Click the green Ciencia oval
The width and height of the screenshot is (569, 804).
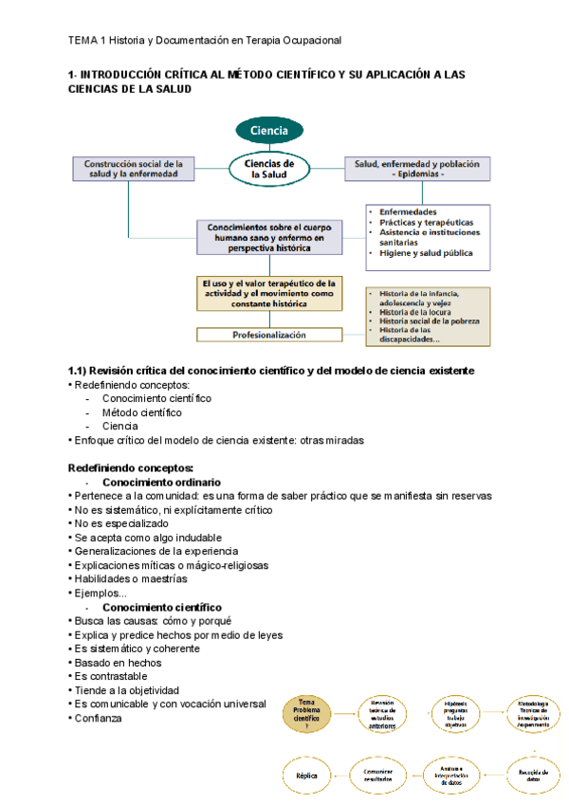269,130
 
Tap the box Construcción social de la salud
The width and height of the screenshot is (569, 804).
134,169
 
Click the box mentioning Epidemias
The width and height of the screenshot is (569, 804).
416,169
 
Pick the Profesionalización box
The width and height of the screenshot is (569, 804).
268,335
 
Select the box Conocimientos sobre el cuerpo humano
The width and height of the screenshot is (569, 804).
268,237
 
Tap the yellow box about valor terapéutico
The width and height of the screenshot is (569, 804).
268,293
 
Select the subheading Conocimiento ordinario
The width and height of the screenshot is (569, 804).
161,482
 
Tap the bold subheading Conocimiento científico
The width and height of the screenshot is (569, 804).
162,607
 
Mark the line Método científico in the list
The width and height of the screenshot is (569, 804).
141,412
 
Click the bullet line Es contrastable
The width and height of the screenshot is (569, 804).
110,676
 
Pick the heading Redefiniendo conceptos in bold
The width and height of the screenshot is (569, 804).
131,467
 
